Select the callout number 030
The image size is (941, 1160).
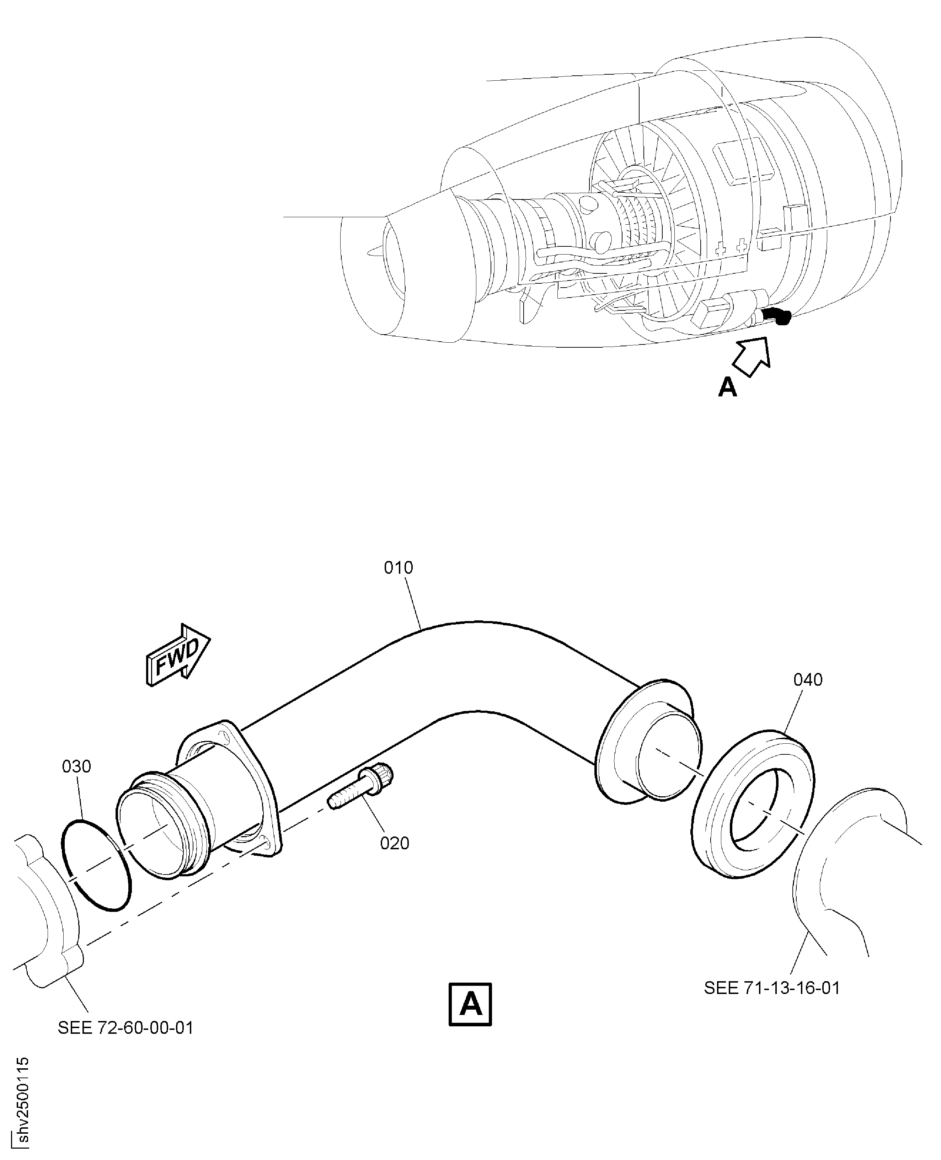(76, 766)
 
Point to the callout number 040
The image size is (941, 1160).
(808, 679)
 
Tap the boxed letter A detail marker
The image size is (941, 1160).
(470, 1004)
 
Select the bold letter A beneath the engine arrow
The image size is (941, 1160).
(727, 387)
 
